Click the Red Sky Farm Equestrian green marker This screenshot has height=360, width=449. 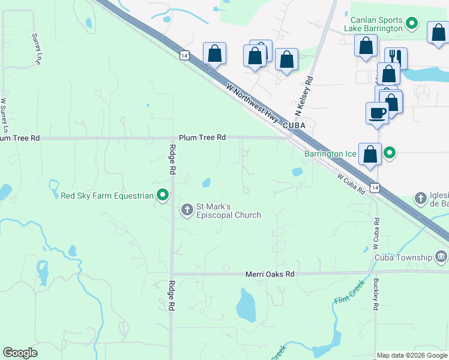162,195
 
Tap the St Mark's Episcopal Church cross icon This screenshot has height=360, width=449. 187,209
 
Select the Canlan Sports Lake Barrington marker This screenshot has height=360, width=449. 412,24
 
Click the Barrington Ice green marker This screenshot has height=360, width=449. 390,154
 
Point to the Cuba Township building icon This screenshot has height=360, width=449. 441,257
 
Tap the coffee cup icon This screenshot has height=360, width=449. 378,113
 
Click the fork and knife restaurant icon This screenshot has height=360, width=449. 396,57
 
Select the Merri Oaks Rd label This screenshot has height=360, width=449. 270,274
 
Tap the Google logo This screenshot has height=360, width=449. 20,353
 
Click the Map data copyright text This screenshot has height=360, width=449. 411,355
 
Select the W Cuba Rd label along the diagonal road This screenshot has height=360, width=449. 351,184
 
